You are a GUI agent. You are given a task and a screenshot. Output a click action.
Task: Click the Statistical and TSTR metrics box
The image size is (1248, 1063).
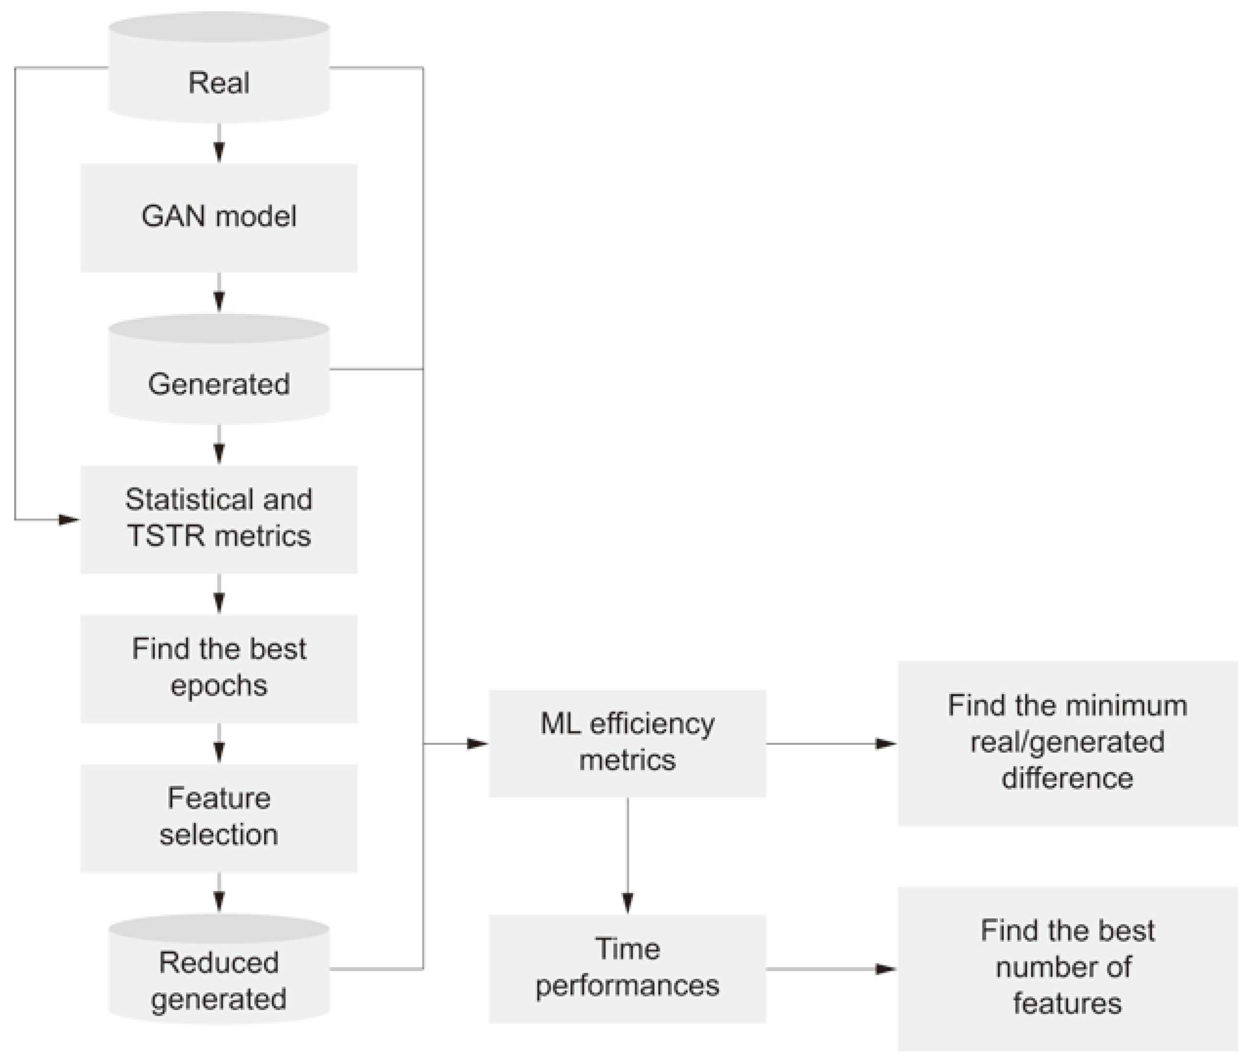click(x=219, y=519)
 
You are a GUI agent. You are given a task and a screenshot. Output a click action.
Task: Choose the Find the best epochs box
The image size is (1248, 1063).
click(x=219, y=668)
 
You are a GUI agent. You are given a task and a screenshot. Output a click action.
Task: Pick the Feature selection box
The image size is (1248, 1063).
click(x=219, y=818)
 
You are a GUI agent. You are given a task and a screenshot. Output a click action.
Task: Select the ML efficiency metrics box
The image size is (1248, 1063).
click(x=627, y=743)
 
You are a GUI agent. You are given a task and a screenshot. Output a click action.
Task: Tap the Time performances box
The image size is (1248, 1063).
click(x=627, y=968)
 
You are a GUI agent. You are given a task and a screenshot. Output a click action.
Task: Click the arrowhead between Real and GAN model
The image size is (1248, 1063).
click(x=219, y=152)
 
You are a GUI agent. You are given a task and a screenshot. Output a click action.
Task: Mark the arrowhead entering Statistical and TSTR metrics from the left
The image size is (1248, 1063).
click(x=69, y=519)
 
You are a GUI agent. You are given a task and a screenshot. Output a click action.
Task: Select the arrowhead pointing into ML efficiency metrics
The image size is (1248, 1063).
click(x=478, y=744)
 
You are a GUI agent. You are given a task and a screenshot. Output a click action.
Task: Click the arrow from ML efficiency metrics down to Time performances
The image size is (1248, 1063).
click(x=627, y=856)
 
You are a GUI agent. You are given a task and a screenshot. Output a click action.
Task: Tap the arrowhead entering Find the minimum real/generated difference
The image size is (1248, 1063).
click(x=886, y=744)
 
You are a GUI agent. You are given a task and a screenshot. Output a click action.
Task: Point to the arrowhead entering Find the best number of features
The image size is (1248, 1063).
click(x=886, y=969)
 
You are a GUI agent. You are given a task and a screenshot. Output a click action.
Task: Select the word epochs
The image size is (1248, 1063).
click(x=219, y=686)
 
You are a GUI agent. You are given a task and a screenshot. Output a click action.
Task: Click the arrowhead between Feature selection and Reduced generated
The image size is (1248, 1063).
click(x=219, y=902)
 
